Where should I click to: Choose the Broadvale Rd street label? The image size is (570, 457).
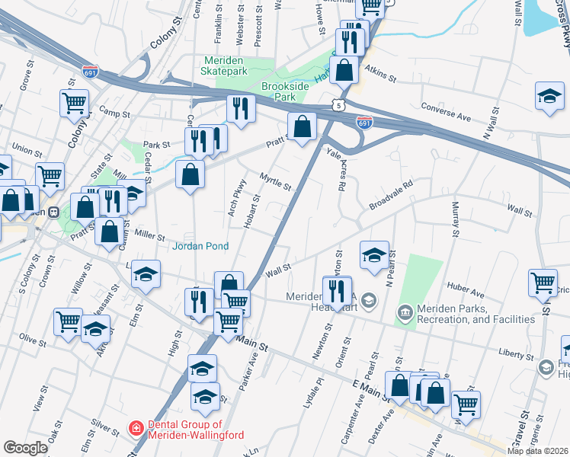[x=390, y=196]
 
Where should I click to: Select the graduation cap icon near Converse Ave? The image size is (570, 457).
[x=549, y=97]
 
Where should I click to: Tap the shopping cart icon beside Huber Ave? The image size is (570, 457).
[x=542, y=283]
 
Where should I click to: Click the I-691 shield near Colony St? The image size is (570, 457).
[x=90, y=70]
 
